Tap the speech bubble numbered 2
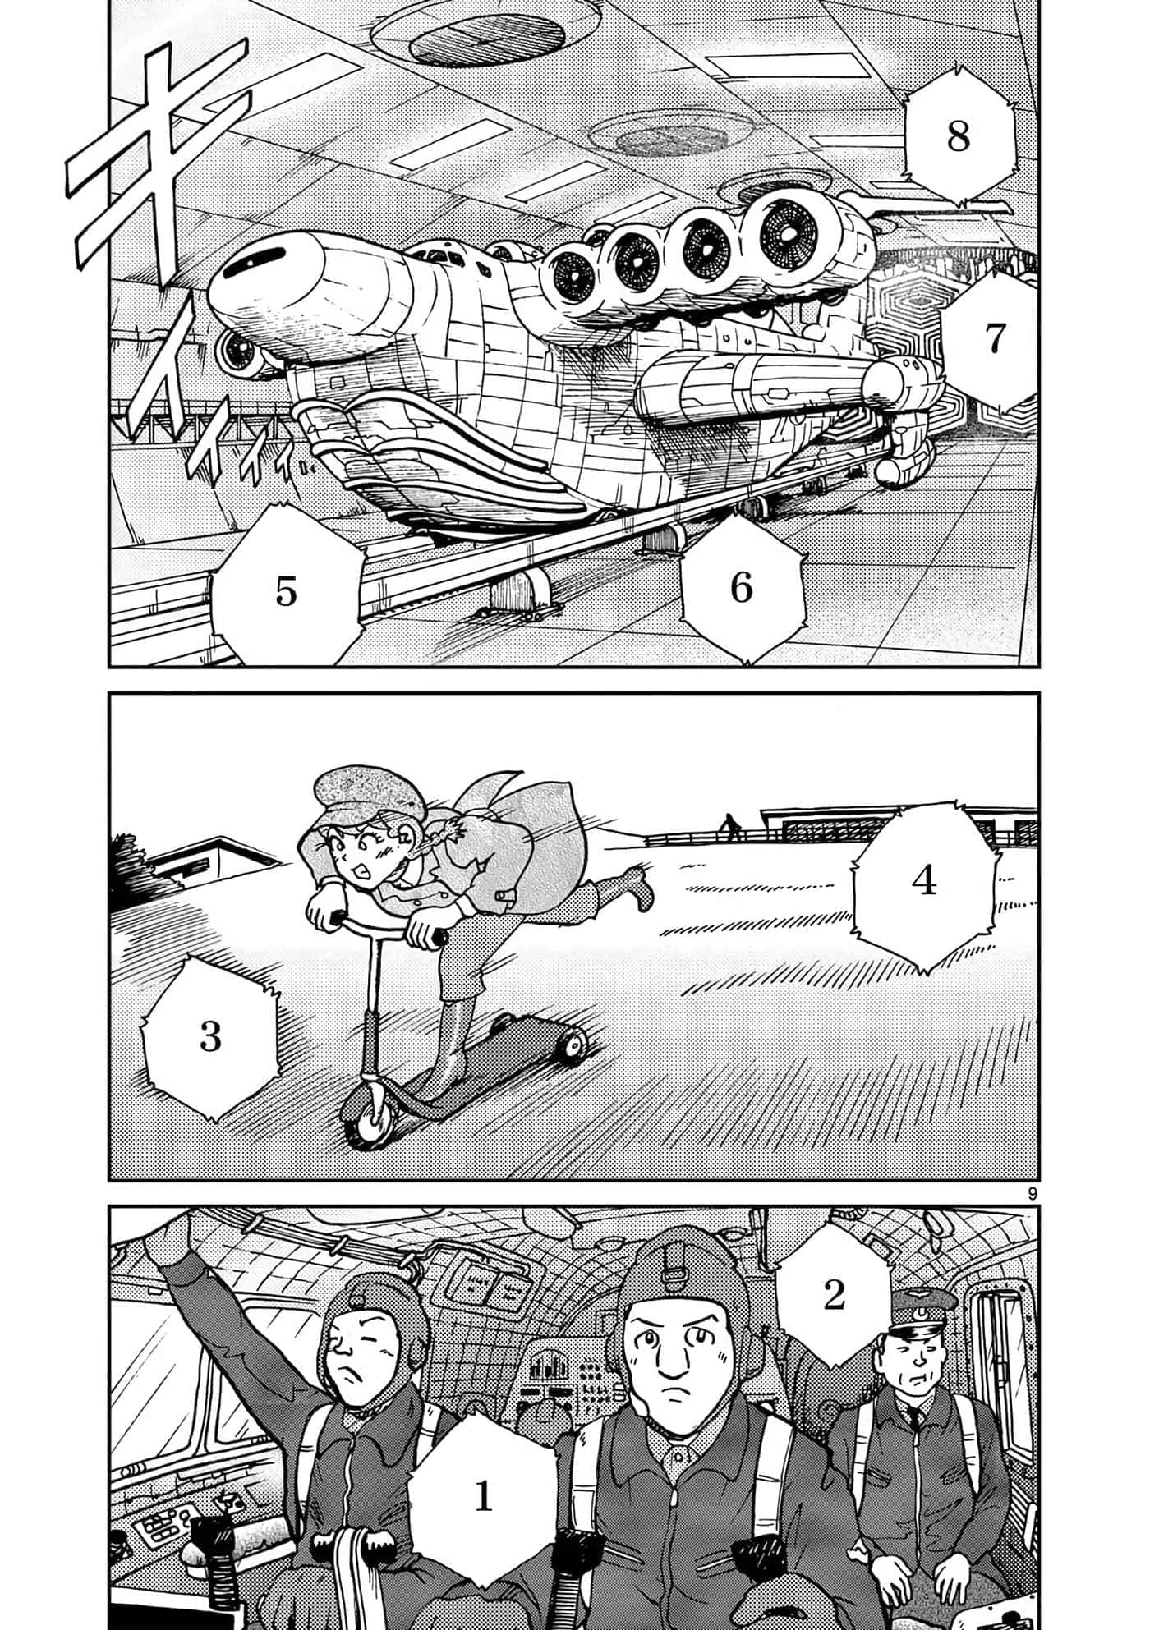[x=833, y=1295]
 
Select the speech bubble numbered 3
[x=210, y=1036]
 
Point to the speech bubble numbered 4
[x=924, y=880]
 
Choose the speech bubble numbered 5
[x=285, y=590]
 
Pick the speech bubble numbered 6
[x=741, y=586]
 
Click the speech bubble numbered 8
[x=958, y=136]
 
